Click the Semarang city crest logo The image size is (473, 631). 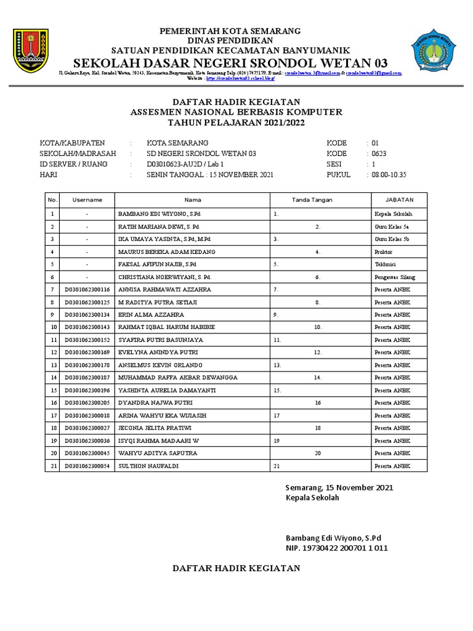pos(29,51)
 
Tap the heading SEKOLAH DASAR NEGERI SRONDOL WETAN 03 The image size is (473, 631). pos(230,63)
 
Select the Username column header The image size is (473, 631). pos(87,200)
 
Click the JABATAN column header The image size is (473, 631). pos(398,200)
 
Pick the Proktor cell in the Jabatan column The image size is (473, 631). pos(384,251)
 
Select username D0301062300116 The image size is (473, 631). pos(87,289)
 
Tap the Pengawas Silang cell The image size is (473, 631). pos(394,277)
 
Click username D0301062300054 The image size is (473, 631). pos(87,466)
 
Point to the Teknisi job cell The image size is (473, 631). pos(385,264)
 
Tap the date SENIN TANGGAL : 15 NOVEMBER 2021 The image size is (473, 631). pos(209,175)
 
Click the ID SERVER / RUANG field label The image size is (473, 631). pos(73,164)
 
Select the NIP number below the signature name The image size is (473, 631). pos(336,548)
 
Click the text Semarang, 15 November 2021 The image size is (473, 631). pos(339,488)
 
